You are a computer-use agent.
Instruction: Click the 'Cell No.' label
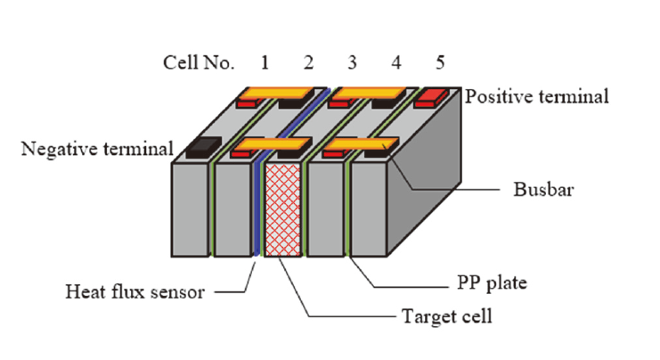pyautogui.click(x=199, y=62)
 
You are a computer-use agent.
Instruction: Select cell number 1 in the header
pyautogui.click(x=265, y=62)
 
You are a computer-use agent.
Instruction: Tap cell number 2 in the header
pyautogui.click(x=308, y=62)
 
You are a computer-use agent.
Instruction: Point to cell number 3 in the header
pyautogui.click(x=353, y=62)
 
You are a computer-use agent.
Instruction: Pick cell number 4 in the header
pyautogui.click(x=396, y=62)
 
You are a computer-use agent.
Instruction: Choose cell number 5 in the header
pyautogui.click(x=440, y=62)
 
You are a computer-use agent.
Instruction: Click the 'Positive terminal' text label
pyautogui.click(x=538, y=96)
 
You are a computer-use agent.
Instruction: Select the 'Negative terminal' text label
pyautogui.click(x=97, y=148)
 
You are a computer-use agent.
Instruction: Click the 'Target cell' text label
pyautogui.click(x=445, y=315)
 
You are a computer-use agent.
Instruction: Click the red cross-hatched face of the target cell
pyautogui.click(x=284, y=209)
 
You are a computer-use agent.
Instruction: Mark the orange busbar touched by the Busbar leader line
pyautogui.click(x=361, y=143)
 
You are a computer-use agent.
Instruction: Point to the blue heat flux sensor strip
pyautogui.click(x=258, y=209)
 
